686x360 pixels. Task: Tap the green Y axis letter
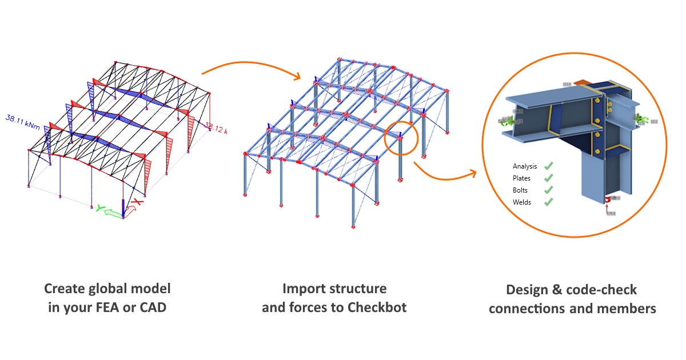99,209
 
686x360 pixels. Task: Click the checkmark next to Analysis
548,166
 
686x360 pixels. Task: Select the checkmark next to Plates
548,178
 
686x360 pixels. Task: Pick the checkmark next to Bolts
548,190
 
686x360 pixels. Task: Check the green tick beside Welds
548,202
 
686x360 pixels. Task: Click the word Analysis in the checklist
525,166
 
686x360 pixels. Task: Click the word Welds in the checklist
522,202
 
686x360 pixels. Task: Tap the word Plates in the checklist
522,178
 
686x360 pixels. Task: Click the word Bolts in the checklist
520,190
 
